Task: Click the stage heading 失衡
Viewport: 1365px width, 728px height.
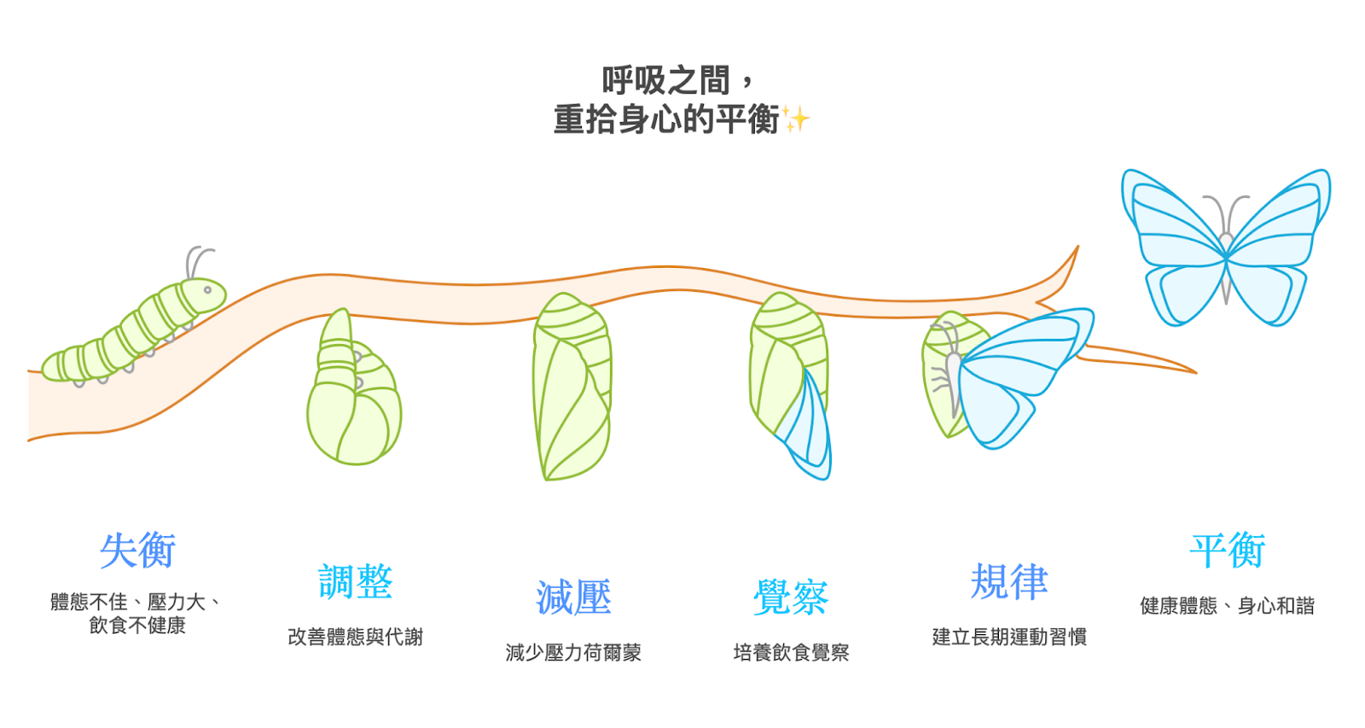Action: [x=137, y=550]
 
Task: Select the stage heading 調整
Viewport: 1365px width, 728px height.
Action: [x=355, y=582]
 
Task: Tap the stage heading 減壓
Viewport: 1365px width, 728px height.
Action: [x=573, y=597]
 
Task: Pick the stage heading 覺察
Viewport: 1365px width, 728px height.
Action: [x=791, y=597]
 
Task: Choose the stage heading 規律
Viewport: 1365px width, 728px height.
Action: [x=1009, y=582]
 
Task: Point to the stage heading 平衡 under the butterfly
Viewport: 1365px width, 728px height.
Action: [x=1228, y=550]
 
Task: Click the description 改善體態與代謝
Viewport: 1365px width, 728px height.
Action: [x=355, y=637]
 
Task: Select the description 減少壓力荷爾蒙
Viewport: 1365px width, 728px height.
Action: [x=573, y=653]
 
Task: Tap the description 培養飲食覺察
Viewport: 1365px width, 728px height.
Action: [x=791, y=653]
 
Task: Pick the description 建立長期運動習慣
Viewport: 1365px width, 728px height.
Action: [x=1009, y=637]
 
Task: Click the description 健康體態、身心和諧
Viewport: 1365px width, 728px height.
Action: [x=1228, y=606]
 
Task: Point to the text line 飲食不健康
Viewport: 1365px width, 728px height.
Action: [x=137, y=626]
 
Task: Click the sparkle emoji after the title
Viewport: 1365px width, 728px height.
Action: [x=796, y=119]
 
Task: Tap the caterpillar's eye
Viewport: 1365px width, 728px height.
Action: [x=207, y=290]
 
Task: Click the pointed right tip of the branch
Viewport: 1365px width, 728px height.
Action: [x=1193, y=372]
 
